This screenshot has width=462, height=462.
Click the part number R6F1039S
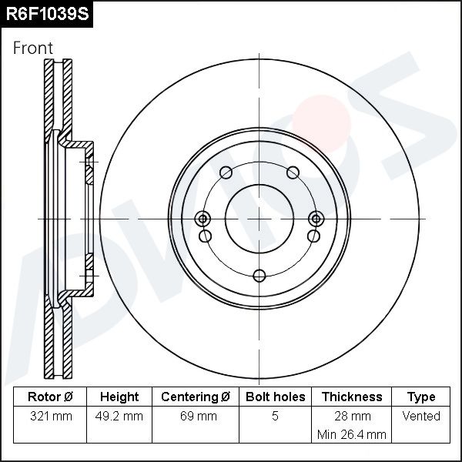click(45, 15)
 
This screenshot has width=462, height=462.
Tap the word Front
click(33, 49)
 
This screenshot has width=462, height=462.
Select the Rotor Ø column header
click(49, 397)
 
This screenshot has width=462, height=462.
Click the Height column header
click(119, 397)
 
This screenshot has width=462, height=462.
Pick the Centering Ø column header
click(195, 397)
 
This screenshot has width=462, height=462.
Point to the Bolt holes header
click(275, 397)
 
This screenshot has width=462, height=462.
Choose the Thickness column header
click(351, 397)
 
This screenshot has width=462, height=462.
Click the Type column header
click(421, 397)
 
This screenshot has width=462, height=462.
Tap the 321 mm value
click(49, 417)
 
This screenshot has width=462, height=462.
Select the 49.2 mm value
click(119, 417)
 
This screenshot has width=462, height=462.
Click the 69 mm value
click(195, 417)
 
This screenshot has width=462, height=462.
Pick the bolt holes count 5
click(275, 417)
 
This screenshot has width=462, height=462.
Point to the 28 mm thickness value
click(351, 417)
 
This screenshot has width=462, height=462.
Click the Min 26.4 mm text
click(351, 434)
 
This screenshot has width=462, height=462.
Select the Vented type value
click(421, 417)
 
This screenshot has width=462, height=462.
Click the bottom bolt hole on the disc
click(259, 275)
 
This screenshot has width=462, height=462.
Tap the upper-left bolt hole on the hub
click(225, 172)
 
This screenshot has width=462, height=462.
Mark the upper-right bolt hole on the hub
click(293, 172)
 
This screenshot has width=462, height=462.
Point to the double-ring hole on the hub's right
click(314, 218)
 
